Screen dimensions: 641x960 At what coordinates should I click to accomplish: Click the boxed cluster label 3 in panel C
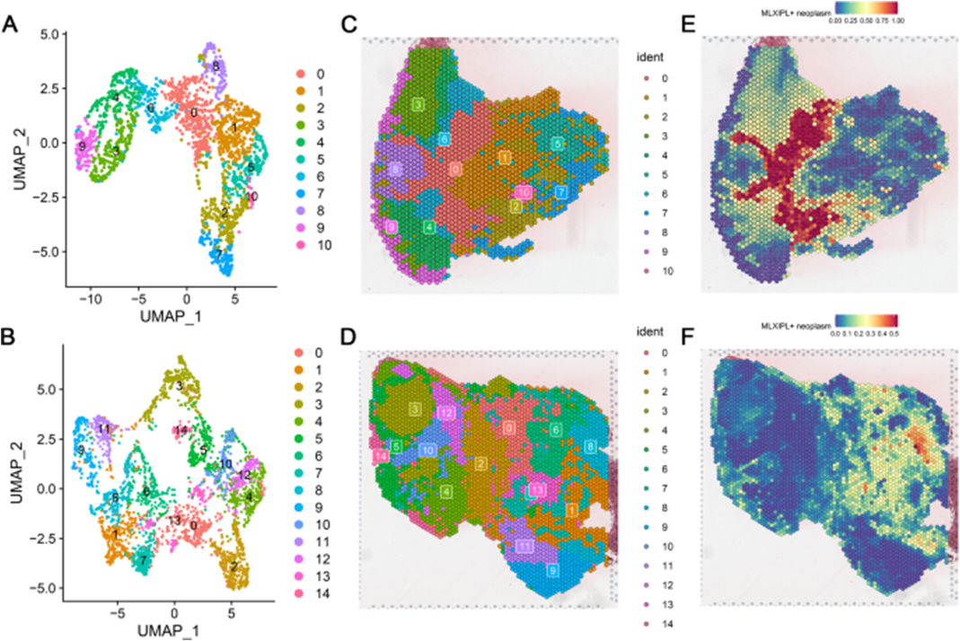(x=418, y=105)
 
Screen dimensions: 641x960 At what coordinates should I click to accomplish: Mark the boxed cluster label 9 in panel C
(x=392, y=227)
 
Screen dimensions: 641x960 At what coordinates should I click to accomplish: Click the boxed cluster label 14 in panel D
(x=382, y=458)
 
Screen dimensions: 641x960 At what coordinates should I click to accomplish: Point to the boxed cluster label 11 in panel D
(x=525, y=546)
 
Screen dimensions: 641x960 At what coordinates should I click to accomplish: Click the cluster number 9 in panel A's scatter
(x=82, y=146)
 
